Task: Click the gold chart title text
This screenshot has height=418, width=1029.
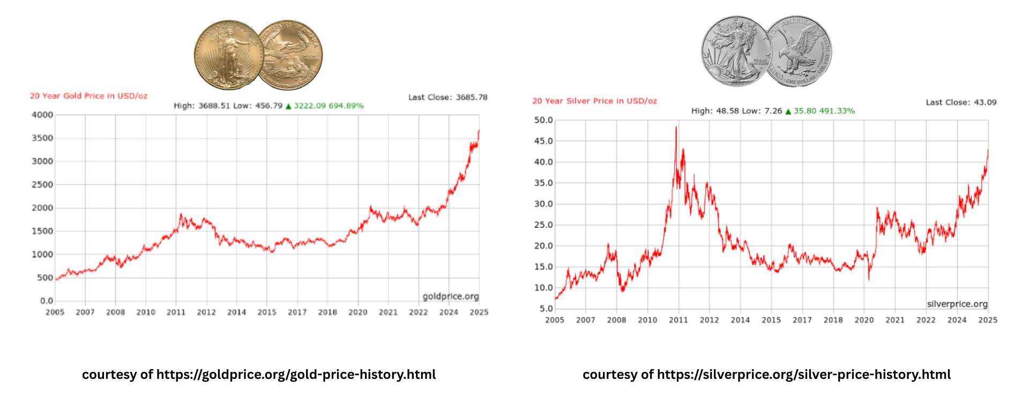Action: pos(88,96)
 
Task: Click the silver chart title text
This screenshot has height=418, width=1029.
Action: pos(594,101)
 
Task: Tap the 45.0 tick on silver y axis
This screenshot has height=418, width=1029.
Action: pos(543,141)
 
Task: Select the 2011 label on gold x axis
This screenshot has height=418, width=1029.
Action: pos(176,312)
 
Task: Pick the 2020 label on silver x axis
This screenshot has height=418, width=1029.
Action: pos(863,320)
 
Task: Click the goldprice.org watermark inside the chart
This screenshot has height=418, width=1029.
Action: pos(450,296)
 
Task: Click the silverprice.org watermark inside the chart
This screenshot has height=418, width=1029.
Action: pos(957,304)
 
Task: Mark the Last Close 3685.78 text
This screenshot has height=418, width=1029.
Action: pos(448,97)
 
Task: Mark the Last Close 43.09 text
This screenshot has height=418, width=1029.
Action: pos(960,102)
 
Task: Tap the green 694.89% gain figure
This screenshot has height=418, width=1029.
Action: pos(346,106)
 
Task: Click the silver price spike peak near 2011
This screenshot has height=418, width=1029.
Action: pos(676,128)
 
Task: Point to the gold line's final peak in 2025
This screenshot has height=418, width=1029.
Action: pos(479,130)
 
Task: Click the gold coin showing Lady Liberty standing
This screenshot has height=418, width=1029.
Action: pos(229,55)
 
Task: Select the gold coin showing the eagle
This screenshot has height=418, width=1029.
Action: pos(291,55)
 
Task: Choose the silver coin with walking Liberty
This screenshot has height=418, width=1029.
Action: pos(735,51)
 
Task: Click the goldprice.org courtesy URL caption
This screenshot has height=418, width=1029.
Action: pos(259,375)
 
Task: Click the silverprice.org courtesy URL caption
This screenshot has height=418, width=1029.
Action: pos(766,375)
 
